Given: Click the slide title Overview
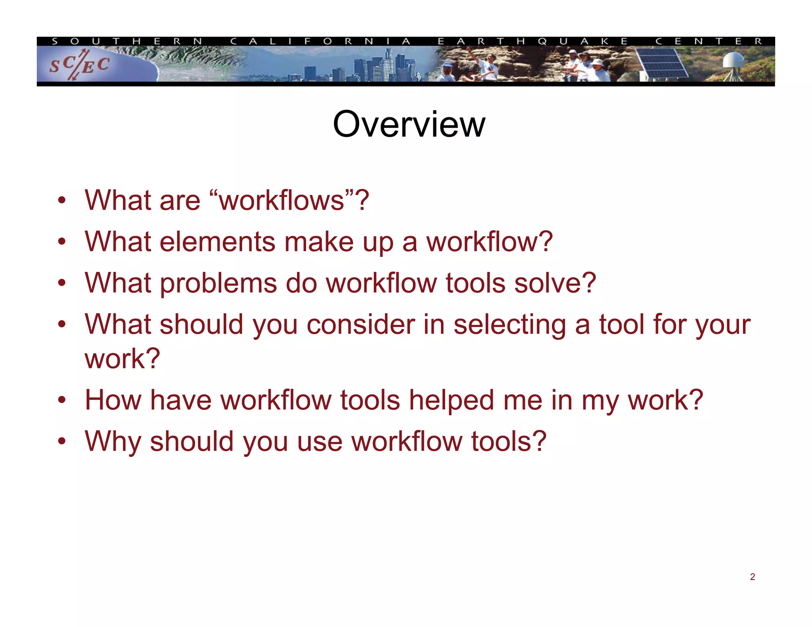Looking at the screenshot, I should point(409,124).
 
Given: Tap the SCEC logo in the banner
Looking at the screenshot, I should point(79,65).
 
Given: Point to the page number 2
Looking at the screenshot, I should point(752,577).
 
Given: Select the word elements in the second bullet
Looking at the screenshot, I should point(217,242).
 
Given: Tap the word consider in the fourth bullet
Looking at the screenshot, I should point(360,325).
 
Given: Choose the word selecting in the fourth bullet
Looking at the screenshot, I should point(509,325).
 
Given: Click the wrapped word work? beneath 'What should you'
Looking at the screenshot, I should point(122,358).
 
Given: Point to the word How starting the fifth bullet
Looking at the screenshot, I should point(113,400).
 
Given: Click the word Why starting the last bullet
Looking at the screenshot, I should point(113,442).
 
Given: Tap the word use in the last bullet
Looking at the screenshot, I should point(319,442).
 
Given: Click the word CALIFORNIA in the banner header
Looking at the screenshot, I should point(320,41).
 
